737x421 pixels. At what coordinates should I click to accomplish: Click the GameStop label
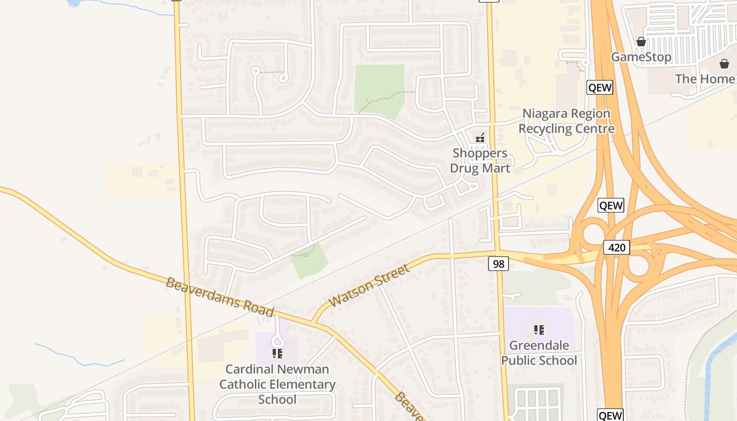pos(641,57)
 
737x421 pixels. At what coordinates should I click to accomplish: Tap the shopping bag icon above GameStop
pos(641,42)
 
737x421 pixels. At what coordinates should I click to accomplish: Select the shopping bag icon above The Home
pos(724,64)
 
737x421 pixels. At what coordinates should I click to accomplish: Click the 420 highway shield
pos(616,247)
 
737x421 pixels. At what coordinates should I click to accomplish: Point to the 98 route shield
pos(498,264)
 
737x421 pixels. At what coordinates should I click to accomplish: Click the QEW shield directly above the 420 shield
pos(611,205)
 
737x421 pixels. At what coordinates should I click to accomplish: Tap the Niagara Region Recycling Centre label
pos(566,121)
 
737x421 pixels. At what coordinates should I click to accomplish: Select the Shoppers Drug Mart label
pos(480,161)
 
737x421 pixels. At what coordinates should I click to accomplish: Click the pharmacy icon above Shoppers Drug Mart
pos(480,138)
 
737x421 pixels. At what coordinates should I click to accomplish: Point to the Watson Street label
pos(368,286)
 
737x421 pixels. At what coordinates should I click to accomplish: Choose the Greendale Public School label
pos(539,353)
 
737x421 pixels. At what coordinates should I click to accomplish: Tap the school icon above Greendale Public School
pos(539,330)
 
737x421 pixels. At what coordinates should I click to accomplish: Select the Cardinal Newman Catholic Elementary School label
pos(277,384)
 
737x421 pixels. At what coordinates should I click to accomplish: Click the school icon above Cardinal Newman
pos(277,353)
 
